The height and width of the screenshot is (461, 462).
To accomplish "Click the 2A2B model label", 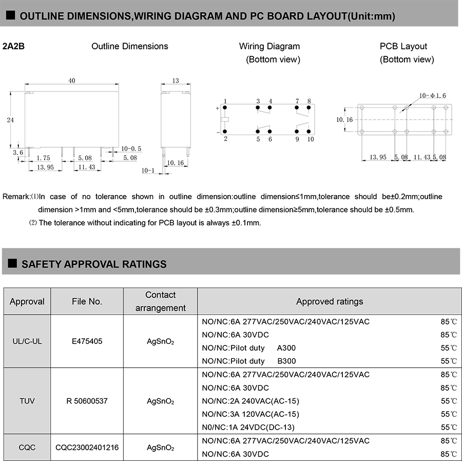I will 13,46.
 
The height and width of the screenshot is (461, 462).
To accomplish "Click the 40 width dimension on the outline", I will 72,81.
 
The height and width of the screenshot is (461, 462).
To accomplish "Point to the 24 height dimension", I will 10,120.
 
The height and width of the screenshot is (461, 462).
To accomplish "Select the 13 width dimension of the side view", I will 176,81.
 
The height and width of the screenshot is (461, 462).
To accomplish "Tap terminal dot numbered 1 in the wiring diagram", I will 225,107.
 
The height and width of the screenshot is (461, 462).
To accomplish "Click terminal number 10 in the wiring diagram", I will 311,139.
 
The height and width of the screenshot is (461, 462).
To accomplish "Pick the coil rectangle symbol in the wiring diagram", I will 225,120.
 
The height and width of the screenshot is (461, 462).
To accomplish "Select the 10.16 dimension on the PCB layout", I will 344,119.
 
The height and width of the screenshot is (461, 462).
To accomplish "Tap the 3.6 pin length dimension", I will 17,152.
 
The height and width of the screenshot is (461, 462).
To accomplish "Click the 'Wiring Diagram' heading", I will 269,46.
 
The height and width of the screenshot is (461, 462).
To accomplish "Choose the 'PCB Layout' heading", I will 403,46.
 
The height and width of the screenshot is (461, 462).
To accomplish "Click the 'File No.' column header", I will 87,301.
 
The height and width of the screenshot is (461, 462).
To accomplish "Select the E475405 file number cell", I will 87,341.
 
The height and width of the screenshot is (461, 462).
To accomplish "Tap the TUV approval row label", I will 27,400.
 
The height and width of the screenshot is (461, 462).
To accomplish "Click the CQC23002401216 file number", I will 87,448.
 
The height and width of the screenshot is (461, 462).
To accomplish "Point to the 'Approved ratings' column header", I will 329,301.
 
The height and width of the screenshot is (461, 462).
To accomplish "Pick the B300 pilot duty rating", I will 286,361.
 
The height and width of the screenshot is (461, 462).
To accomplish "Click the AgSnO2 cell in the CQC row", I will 160,448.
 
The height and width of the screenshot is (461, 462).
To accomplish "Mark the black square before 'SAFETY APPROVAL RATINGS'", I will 12,264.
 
